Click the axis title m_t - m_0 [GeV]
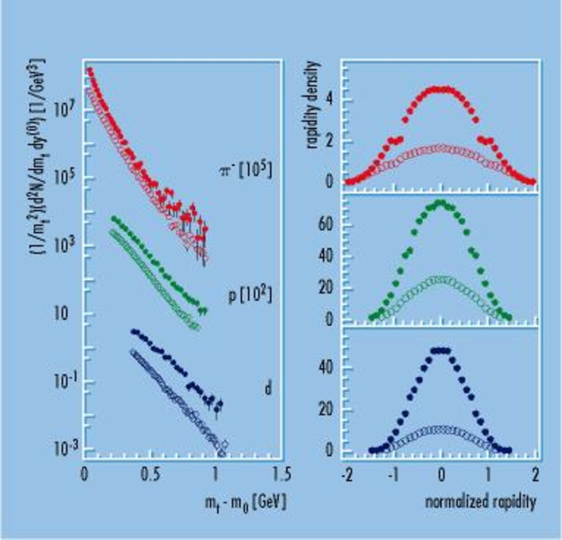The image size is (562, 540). tap(245, 501)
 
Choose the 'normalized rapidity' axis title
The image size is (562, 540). tap(480, 501)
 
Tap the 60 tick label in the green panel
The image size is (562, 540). tap(325, 224)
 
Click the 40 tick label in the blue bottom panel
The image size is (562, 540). tap(325, 368)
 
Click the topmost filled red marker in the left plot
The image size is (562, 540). tap(90, 71)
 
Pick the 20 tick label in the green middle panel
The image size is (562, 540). tap(325, 288)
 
